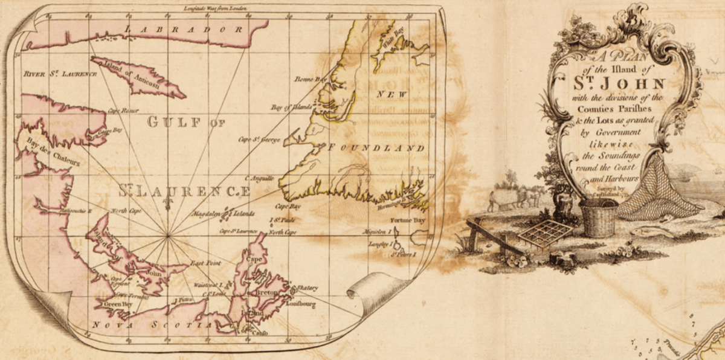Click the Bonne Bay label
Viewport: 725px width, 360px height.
click(x=309, y=79)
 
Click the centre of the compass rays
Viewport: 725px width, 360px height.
click(x=167, y=236)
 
